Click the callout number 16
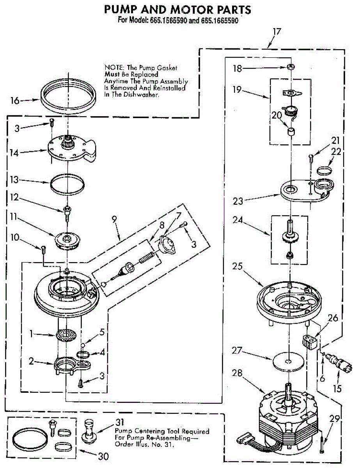click(x=15, y=101)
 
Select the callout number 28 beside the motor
click(x=237, y=373)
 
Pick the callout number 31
click(x=120, y=422)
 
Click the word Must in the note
click(x=112, y=74)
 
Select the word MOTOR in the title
click(x=191, y=10)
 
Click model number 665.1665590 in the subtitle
click(x=220, y=20)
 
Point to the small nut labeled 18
click(x=291, y=67)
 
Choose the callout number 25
click(x=237, y=266)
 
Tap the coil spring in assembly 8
click(x=147, y=257)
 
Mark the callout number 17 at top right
click(x=277, y=32)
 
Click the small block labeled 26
click(x=309, y=341)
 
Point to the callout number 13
click(x=14, y=180)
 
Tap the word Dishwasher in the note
click(x=141, y=95)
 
